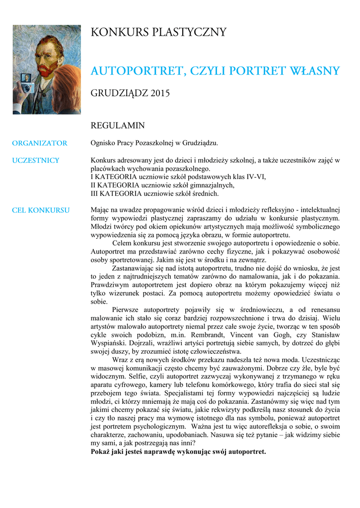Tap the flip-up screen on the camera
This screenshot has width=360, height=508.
click(x=26, y=78)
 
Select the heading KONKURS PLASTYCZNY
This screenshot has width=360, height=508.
click(x=158, y=33)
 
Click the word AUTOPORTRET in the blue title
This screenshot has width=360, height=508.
click(x=134, y=71)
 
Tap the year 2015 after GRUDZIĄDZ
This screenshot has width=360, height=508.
click(x=160, y=93)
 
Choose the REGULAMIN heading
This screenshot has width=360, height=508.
click(x=118, y=126)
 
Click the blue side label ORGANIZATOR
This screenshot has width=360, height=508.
click(x=40, y=143)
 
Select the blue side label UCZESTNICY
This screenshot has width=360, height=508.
click(x=36, y=160)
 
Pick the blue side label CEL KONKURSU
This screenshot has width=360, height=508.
click(x=41, y=210)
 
